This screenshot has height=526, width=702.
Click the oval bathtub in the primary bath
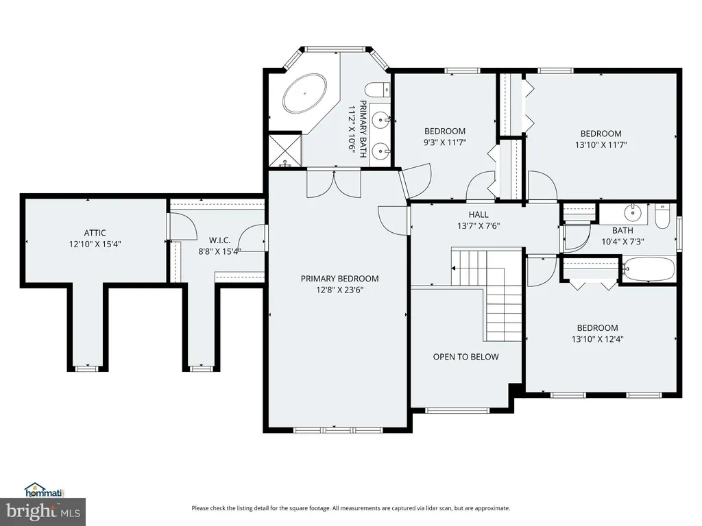[304, 94]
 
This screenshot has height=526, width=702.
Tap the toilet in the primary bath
[378, 90]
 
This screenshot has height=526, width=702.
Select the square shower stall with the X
[285, 150]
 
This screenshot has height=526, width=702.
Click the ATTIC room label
[95, 233]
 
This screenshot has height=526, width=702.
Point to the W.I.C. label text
[220, 240]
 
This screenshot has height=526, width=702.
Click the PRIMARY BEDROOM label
[340, 279]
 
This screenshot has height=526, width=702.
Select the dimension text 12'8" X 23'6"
[340, 290]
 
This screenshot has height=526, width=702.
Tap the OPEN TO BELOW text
[465, 357]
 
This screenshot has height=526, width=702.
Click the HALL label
[479, 214]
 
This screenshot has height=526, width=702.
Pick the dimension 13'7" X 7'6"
[479, 226]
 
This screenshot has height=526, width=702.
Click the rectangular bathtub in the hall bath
[649, 268]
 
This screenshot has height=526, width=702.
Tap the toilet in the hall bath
[662, 216]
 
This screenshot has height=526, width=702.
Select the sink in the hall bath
[633, 212]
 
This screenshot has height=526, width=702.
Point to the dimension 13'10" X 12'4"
[597, 339]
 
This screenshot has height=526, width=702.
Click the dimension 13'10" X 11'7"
[601, 145]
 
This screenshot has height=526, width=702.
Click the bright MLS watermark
[43, 511]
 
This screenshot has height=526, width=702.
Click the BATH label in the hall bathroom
[622, 230]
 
